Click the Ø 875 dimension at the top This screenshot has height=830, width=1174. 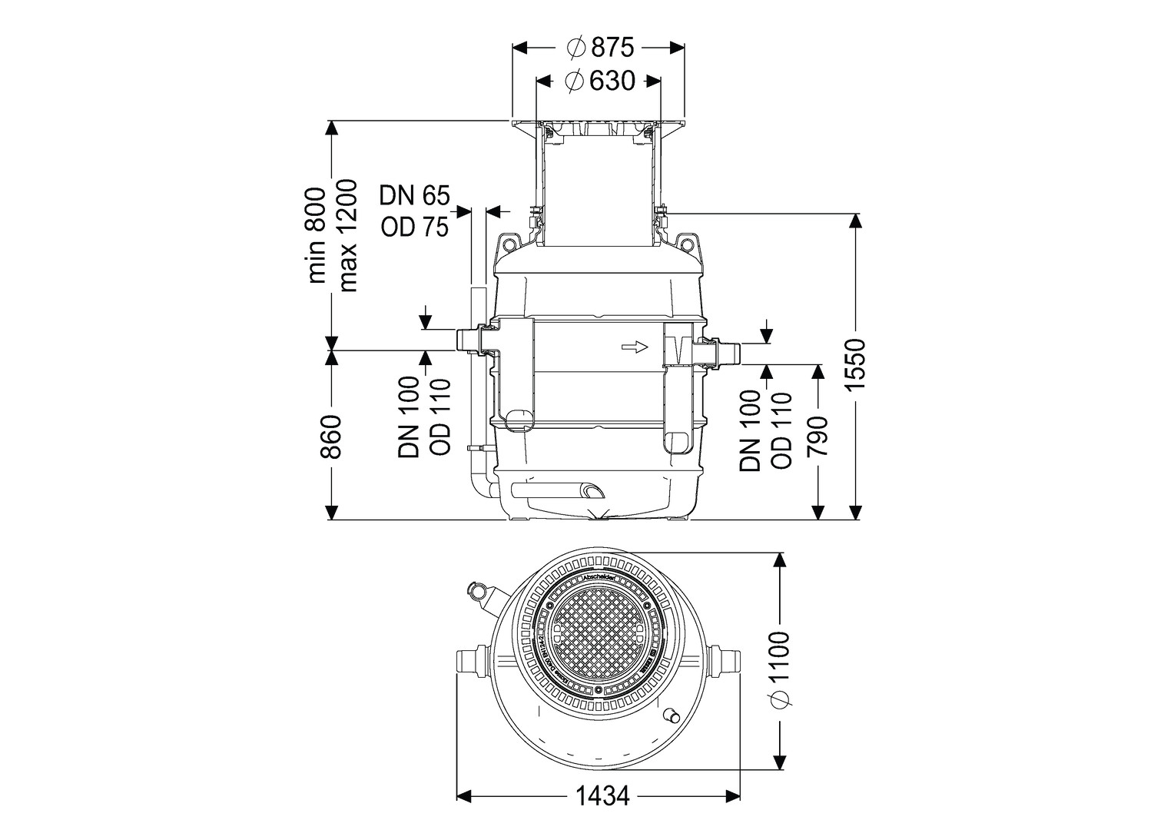click(600, 48)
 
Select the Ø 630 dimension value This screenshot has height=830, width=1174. click(600, 81)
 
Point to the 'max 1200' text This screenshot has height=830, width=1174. click(348, 236)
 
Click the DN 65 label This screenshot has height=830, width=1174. click(414, 196)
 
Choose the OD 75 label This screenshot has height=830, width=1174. click(414, 227)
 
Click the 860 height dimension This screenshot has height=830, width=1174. click(330, 437)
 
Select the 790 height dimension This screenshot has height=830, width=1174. click(819, 437)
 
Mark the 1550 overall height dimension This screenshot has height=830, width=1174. click(856, 364)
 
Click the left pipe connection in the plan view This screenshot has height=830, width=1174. click(469, 660)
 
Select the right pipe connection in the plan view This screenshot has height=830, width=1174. click(728, 660)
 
